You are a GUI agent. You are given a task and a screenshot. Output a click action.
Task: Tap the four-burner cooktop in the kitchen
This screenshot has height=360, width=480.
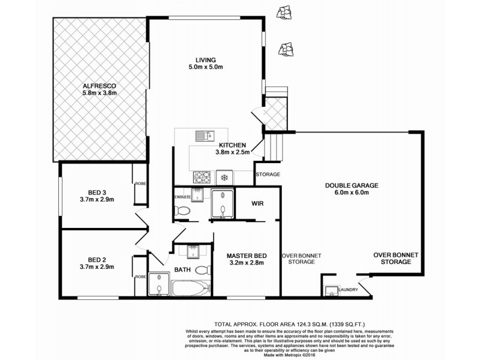click(201, 177)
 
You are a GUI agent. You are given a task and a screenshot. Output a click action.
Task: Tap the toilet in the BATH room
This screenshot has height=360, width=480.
click(203, 269)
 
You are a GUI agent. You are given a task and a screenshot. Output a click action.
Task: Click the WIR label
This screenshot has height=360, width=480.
click(257, 203)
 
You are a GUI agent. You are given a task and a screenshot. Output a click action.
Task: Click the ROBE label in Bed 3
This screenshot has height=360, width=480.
click(141, 184)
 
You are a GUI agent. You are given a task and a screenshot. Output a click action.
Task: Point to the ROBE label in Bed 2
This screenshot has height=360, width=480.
click(141, 277)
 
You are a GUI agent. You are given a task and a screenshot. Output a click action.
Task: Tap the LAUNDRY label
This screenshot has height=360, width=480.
click(348, 290)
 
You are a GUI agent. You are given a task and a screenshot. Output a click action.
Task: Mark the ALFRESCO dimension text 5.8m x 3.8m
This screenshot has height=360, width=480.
click(99, 93)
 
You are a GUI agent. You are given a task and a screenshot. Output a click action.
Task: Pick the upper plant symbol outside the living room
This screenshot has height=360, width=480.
click(281, 12)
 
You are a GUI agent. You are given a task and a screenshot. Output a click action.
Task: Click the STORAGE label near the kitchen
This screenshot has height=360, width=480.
click(268, 175)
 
